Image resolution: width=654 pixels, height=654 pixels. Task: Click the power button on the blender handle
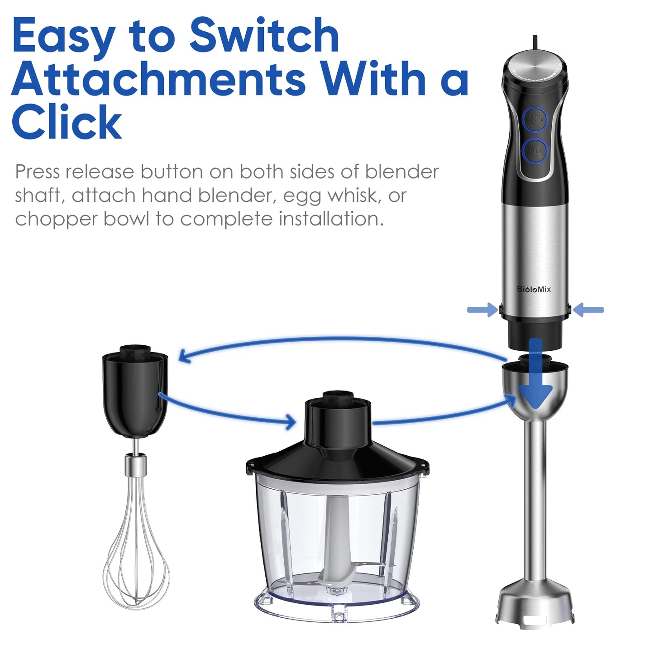(535, 119)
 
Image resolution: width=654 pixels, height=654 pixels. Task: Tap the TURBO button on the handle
(535, 151)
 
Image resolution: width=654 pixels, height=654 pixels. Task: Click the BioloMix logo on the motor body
(534, 289)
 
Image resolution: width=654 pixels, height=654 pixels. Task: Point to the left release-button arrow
(482, 310)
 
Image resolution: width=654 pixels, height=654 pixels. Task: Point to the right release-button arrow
(588, 310)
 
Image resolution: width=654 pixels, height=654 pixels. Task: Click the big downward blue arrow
(536, 380)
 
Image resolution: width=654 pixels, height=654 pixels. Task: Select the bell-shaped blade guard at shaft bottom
(536, 602)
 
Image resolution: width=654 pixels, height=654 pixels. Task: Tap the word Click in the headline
(67, 122)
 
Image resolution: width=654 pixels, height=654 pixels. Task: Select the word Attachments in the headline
(158, 79)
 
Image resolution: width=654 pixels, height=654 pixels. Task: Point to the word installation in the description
(331, 219)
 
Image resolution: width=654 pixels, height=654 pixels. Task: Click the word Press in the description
(37, 172)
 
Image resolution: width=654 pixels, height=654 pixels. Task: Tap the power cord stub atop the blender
(535, 42)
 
